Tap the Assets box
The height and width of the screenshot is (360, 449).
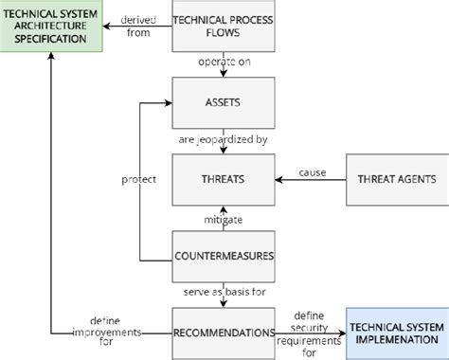pyautogui.click(x=223, y=102)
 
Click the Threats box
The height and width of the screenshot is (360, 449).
pyautogui.click(x=223, y=179)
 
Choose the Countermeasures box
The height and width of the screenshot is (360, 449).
pyautogui.click(x=223, y=256)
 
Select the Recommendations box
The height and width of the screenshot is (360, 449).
pyautogui.click(x=223, y=333)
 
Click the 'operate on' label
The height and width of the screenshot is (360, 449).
pyautogui.click(x=224, y=62)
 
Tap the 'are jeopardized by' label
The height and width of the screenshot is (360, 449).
pyautogui.click(x=224, y=140)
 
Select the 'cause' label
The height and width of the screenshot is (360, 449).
pyautogui.click(x=312, y=171)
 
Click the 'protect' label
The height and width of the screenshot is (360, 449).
pyautogui.click(x=139, y=179)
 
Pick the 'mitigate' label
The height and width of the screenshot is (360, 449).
pyautogui.click(x=224, y=219)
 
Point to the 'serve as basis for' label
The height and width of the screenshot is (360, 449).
pyautogui.click(x=224, y=294)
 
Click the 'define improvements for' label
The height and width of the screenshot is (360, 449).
pyautogui.click(x=113, y=333)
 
